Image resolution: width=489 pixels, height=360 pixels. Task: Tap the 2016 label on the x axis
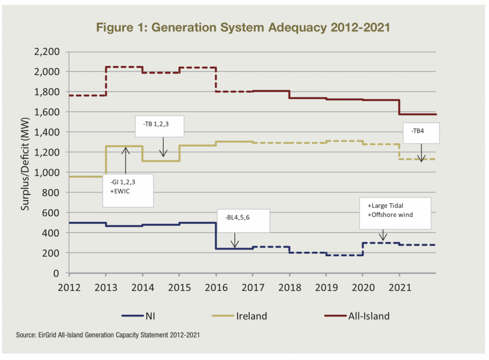tap(216, 288)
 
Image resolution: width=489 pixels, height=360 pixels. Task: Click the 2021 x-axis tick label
tap(399, 288)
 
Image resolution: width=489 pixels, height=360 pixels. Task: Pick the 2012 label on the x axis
tap(69, 288)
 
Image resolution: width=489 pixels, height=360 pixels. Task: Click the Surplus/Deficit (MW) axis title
tap(25, 162)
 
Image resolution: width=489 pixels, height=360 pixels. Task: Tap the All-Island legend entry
tap(354, 316)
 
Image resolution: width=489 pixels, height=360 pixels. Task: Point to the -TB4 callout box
tap(421, 133)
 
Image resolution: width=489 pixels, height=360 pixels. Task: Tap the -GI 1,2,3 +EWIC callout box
tap(128, 190)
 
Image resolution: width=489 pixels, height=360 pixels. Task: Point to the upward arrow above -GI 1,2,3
tap(125, 160)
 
